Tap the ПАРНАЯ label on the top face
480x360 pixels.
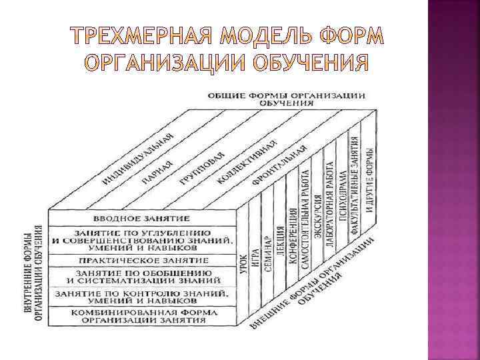157,173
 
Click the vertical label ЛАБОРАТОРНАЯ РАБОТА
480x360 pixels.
331,203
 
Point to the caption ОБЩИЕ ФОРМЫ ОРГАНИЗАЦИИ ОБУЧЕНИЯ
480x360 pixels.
287,99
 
